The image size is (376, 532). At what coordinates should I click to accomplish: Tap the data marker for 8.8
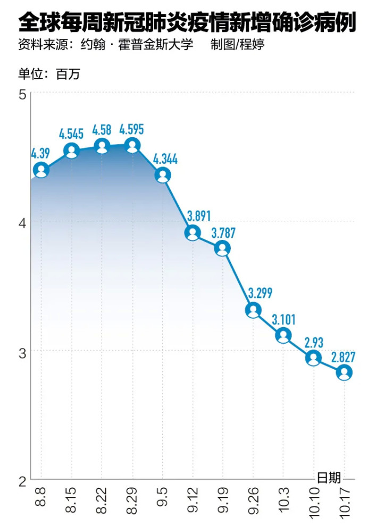coord(41,170)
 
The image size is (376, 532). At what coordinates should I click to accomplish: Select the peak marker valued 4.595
coord(132,145)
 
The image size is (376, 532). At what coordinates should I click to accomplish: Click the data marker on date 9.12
coord(193,232)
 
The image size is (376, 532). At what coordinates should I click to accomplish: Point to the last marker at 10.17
coord(344,372)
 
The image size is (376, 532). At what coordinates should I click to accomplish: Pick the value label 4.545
coord(71,134)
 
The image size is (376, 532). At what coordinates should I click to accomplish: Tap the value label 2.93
coord(314,342)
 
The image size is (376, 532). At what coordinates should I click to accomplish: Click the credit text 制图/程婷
coord(237,45)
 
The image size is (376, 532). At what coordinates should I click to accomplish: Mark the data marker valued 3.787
coord(223,248)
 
